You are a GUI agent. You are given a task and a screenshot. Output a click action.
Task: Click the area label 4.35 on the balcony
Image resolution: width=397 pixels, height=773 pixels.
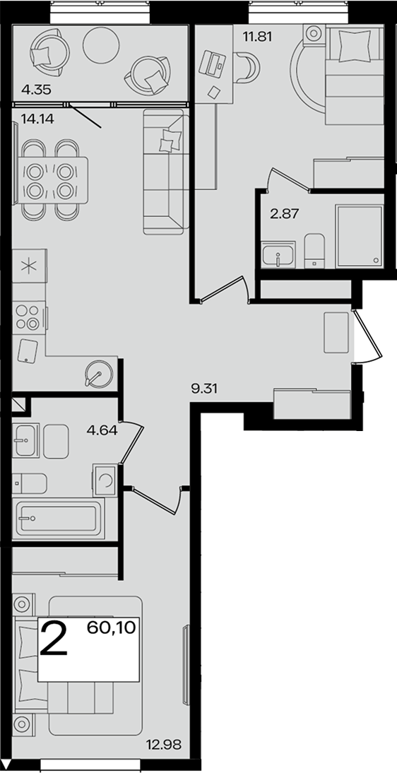click(x=37, y=90)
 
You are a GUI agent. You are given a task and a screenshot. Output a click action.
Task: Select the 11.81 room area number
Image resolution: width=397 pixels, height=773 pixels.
click(x=258, y=36)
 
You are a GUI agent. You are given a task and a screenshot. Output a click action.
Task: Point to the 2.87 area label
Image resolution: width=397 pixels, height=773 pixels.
click(x=285, y=214)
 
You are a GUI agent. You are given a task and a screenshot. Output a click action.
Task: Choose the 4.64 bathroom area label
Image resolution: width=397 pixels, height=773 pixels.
click(x=102, y=430)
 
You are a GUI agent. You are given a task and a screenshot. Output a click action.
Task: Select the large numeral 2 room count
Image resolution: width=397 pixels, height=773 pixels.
click(x=53, y=639)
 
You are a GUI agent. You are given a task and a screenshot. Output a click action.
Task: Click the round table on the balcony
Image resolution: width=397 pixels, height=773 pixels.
click(x=100, y=45)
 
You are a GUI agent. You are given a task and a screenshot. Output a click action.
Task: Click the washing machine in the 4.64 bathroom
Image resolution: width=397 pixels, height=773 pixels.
click(x=105, y=480)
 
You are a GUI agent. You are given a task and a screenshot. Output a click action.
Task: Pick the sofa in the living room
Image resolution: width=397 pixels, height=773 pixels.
click(x=167, y=172)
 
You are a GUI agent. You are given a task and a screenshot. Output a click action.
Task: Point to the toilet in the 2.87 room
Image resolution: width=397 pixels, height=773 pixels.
click(x=314, y=252)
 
